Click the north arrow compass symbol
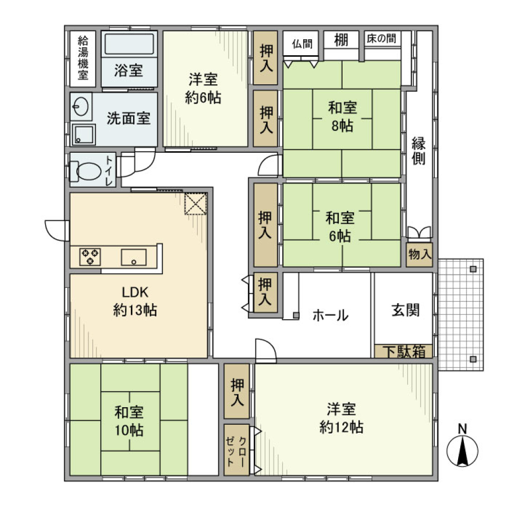463,451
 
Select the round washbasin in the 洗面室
81,108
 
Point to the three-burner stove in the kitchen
90,257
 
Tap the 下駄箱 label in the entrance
403,352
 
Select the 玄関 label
405,310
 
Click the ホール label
330,315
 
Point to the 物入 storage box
419,254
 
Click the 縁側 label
419,151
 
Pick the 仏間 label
301,43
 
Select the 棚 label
341,40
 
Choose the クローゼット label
236,450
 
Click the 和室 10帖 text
129,420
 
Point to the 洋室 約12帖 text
341,418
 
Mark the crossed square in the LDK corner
195,204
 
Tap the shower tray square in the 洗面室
83,134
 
